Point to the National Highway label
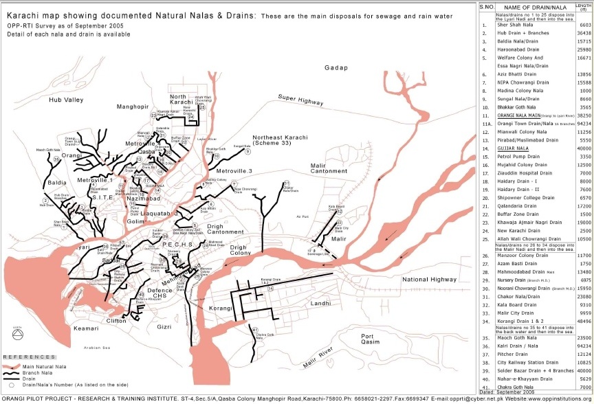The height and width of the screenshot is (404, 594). pyautogui.click(x=429, y=280)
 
